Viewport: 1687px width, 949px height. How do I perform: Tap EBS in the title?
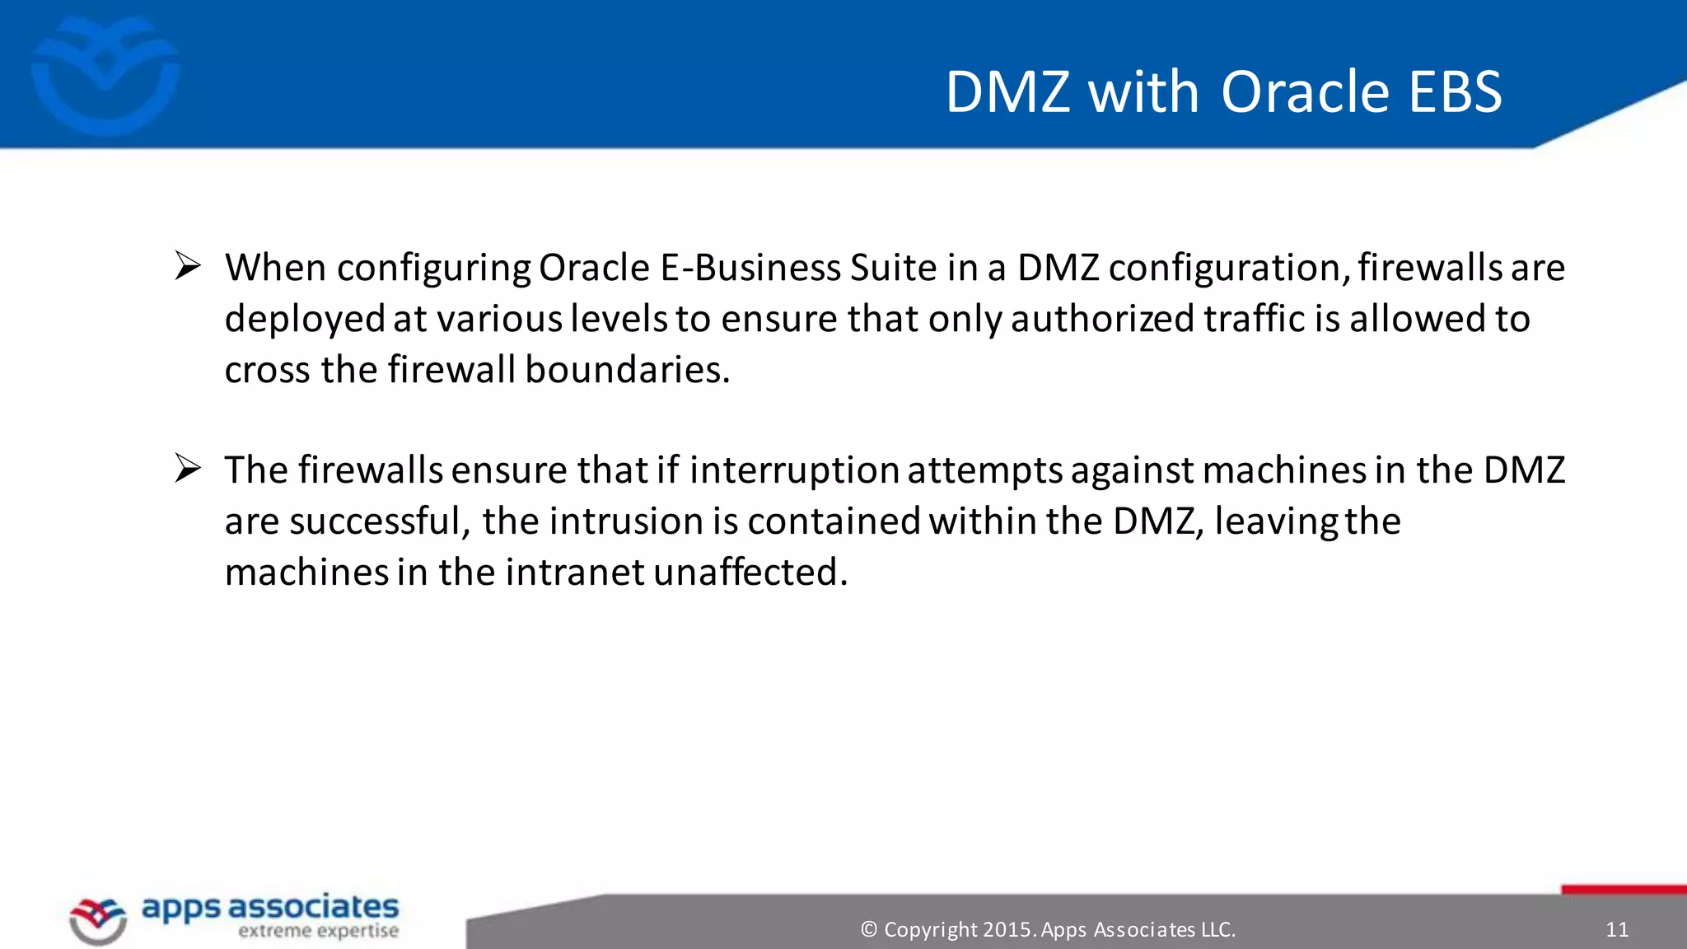tap(1456, 91)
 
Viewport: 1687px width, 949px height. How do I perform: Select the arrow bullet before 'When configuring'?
tap(188, 267)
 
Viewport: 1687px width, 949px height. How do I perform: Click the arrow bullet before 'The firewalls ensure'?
tap(188, 470)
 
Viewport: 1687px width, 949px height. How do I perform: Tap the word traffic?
tap(1254, 320)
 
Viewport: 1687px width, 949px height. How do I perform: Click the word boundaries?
tap(627, 370)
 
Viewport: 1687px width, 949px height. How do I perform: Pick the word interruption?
tap(793, 471)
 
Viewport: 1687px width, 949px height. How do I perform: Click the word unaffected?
tap(750, 573)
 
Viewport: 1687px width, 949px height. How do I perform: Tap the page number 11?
tap(1617, 930)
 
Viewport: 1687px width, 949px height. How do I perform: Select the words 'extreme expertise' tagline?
tap(318, 932)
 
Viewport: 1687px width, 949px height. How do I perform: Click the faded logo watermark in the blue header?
tap(105, 76)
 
